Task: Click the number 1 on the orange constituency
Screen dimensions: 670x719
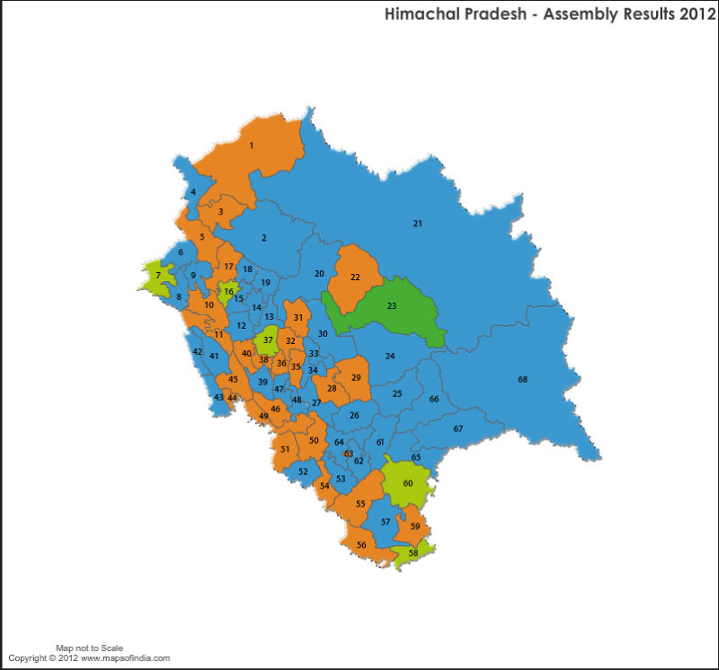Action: coord(252,145)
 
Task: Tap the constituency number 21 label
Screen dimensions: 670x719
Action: coord(417,223)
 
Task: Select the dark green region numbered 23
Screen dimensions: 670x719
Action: coord(392,306)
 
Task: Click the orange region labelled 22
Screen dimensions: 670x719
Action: coord(355,277)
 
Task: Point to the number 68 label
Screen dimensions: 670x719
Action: coord(522,380)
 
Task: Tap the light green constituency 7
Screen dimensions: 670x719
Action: coord(158,275)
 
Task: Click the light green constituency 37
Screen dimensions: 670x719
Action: coord(267,340)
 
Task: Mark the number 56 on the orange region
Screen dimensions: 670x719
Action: coord(361,545)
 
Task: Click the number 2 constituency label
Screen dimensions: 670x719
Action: coord(264,238)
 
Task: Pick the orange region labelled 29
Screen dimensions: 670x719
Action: coord(356,377)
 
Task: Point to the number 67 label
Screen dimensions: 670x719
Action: coord(458,429)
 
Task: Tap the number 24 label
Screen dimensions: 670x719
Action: coord(390,357)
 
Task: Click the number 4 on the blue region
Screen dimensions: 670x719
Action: coord(193,192)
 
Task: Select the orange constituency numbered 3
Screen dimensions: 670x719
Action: coord(220,212)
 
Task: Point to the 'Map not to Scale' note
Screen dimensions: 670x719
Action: coord(89,648)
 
